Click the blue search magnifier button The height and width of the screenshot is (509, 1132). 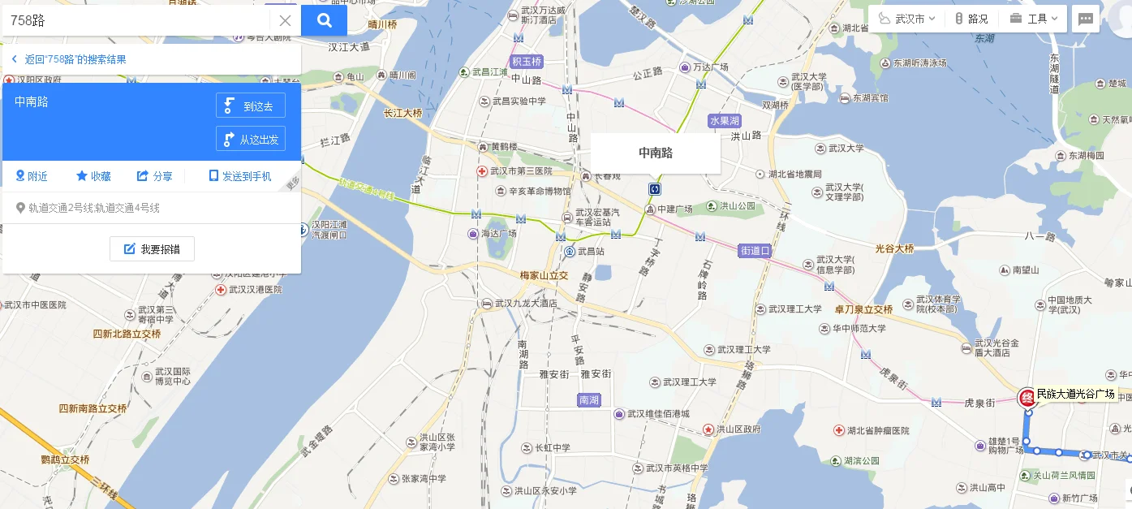point(324,21)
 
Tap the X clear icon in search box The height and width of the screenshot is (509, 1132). point(285,21)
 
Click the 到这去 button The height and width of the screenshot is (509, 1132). point(251,106)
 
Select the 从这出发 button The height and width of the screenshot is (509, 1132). point(251,139)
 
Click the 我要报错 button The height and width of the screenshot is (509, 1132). point(152,249)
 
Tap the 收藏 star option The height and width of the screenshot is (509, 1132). point(93,176)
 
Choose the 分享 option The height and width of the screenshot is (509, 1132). point(154,176)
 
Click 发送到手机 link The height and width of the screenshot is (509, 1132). point(240,176)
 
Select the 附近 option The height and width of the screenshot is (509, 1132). point(32,176)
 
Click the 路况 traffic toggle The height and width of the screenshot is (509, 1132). point(971,19)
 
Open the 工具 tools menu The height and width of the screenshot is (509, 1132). point(1035,19)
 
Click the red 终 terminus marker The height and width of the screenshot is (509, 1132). point(1027,398)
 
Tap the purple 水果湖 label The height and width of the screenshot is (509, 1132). point(725,121)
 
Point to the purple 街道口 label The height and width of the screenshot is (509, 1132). point(754,251)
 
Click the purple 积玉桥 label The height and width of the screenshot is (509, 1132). point(526,62)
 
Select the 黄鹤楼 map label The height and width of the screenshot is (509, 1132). point(503,147)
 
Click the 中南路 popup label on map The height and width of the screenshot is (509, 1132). point(655,153)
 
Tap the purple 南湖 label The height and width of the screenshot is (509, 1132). point(589,400)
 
